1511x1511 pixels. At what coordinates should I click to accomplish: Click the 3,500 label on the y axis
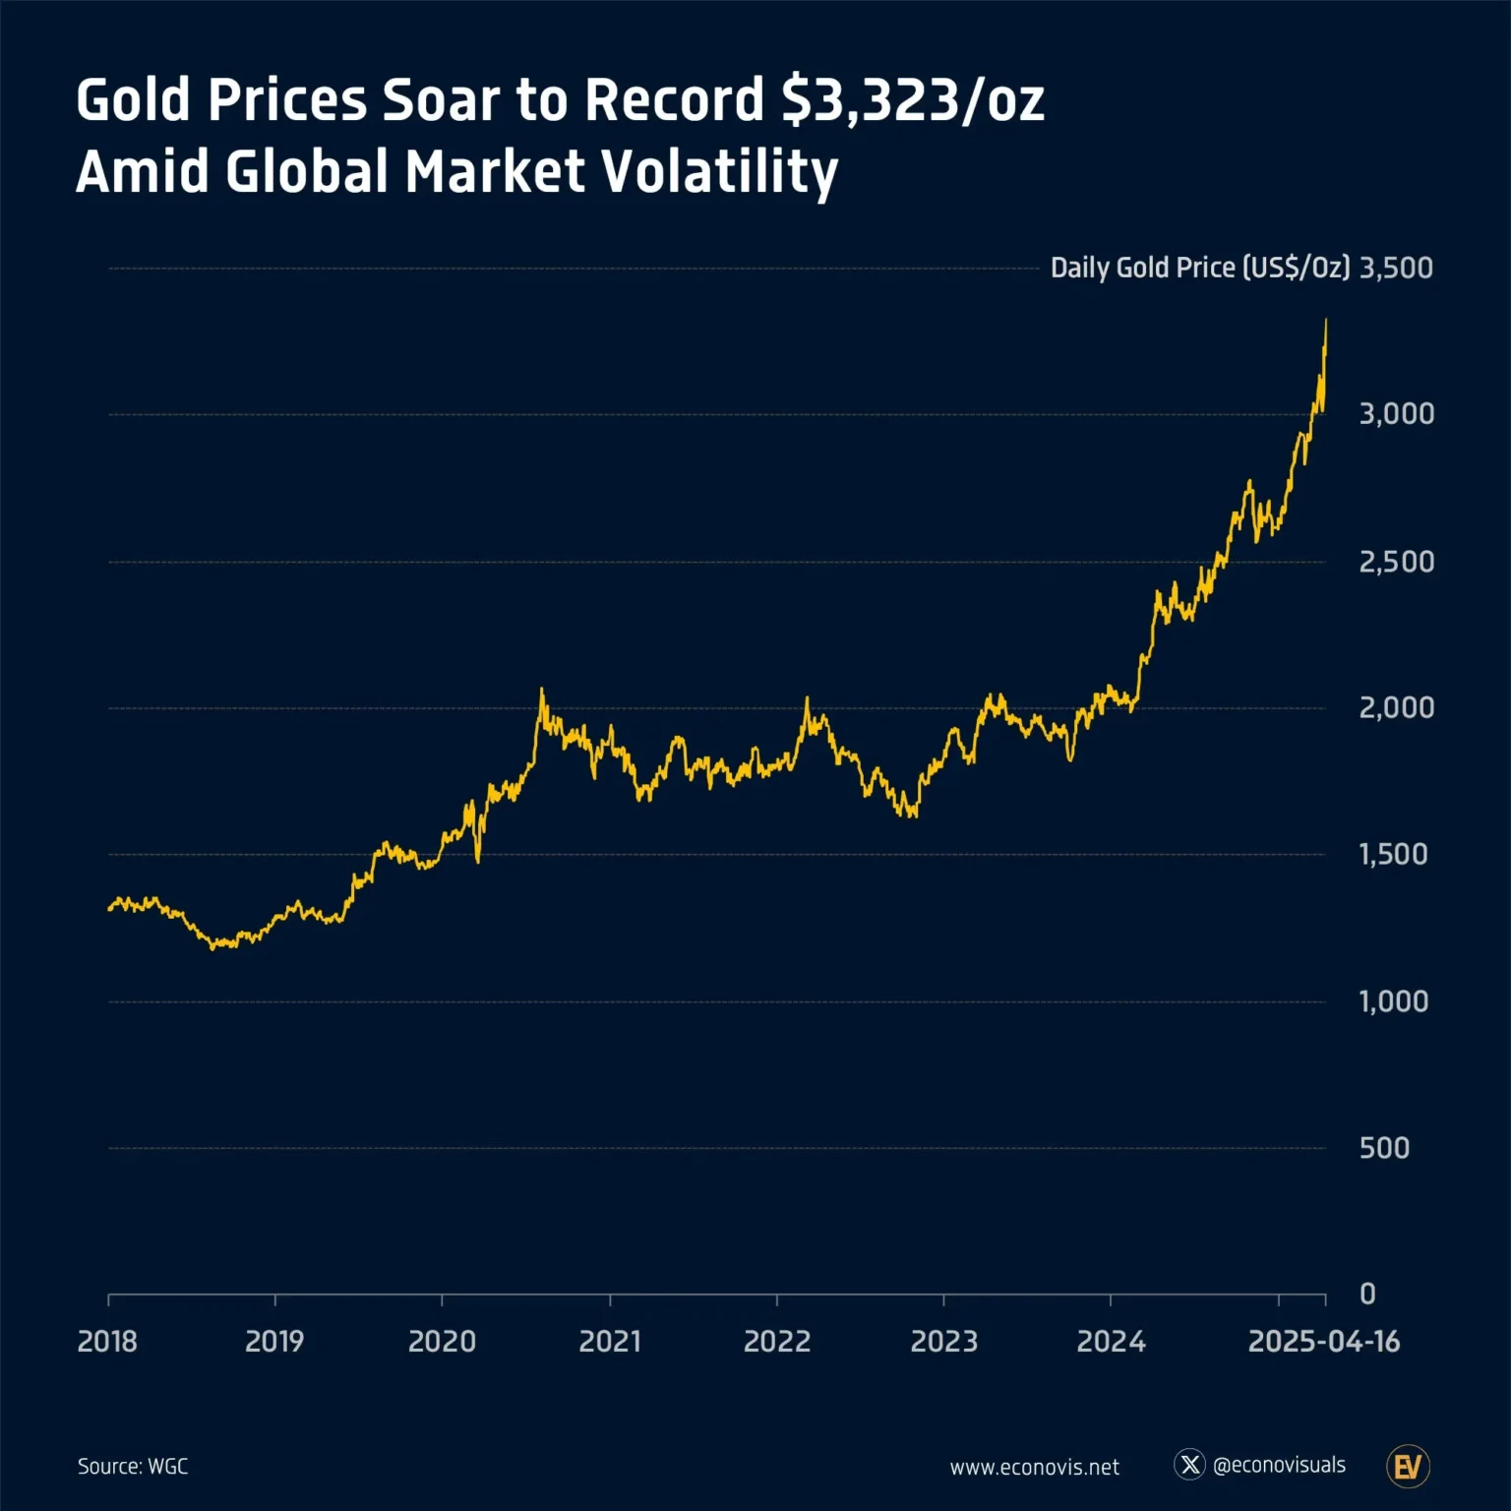[x=1395, y=268]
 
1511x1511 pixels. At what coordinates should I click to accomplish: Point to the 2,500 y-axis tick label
[x=1395, y=562]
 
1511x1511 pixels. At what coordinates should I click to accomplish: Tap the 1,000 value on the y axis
[x=1393, y=1001]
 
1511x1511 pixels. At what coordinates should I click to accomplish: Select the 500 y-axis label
[x=1383, y=1148]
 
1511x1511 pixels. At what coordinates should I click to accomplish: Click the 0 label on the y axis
[x=1366, y=1294]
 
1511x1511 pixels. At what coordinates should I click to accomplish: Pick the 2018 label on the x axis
[x=107, y=1341]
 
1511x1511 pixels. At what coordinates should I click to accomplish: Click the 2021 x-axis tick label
[x=609, y=1341]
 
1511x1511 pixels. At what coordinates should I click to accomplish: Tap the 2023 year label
[x=943, y=1341]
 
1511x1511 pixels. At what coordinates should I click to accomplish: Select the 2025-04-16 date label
[x=1323, y=1341]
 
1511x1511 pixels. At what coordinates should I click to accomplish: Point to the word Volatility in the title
[x=719, y=172]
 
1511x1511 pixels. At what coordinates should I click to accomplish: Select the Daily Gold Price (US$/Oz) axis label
[x=1199, y=268]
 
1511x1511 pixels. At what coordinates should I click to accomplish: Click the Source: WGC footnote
[x=133, y=1466]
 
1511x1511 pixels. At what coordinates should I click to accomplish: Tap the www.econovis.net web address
[x=1034, y=1467]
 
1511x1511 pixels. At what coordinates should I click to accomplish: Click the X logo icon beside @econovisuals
[x=1189, y=1465]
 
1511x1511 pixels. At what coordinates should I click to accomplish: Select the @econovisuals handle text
[x=1279, y=1465]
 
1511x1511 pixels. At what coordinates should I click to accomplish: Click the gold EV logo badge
[x=1408, y=1467]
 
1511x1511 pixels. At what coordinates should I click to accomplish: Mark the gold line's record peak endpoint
[x=1326, y=321]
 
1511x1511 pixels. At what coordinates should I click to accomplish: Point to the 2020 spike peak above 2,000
[x=542, y=691]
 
